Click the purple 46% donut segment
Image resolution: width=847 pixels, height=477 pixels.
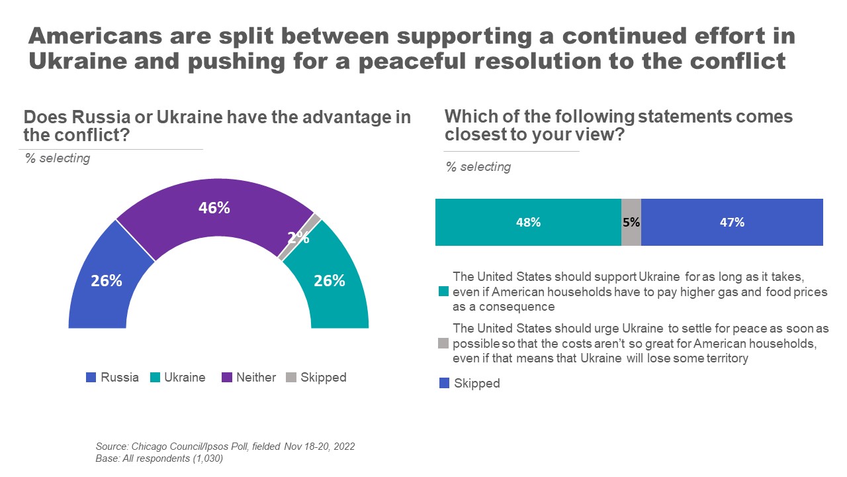pyautogui.click(x=214, y=209)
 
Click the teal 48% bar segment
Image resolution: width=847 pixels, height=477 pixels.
pyautogui.click(x=528, y=223)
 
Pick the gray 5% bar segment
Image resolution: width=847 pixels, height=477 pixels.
pyautogui.click(x=631, y=223)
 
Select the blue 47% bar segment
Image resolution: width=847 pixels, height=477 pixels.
pyautogui.click(x=732, y=223)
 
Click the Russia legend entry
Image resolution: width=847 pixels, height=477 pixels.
pyautogui.click(x=112, y=378)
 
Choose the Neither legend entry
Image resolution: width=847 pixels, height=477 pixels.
pyautogui.click(x=247, y=378)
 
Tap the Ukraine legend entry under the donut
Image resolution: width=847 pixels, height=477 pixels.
pyautogui.click(x=178, y=378)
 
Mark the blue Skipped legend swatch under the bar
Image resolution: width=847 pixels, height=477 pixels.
pyautogui.click(x=443, y=383)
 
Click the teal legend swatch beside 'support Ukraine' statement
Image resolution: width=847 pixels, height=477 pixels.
pyautogui.click(x=443, y=291)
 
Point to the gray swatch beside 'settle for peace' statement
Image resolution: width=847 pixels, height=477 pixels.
pyautogui.click(x=443, y=343)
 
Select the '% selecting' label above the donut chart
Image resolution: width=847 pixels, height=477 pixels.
pyautogui.click(x=57, y=159)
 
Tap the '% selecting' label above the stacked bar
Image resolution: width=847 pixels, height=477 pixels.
pyautogui.click(x=478, y=167)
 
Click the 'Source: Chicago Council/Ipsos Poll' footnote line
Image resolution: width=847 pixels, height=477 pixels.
pyautogui.click(x=225, y=447)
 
